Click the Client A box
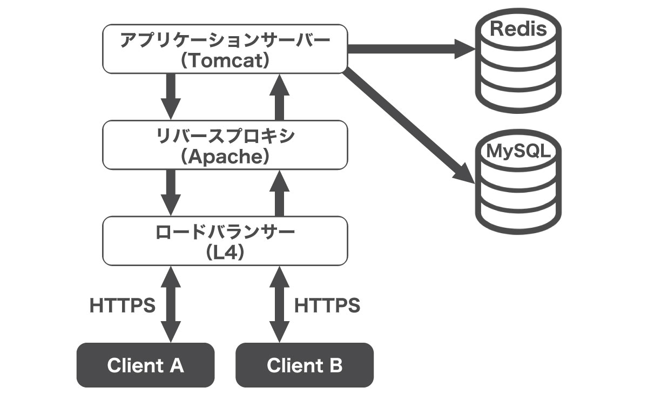click(145, 365)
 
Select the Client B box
click(305, 365)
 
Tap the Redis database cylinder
click(518, 60)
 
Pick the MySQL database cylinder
click(518, 182)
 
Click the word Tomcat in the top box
click(225, 60)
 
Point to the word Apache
click(225, 157)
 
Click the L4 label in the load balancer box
click(225, 253)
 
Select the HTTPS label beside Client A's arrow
click(123, 305)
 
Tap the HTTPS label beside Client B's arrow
click(327, 305)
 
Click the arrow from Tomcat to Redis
click(411, 49)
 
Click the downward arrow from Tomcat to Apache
click(171, 96)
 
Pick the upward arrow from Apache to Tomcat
click(280, 98)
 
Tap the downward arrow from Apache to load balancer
click(171, 193)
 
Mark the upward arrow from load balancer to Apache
click(280, 193)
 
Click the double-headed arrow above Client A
click(171, 304)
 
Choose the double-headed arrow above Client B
click(280, 304)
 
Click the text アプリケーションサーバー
click(225, 40)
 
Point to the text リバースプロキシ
click(225, 136)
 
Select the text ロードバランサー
click(225, 232)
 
